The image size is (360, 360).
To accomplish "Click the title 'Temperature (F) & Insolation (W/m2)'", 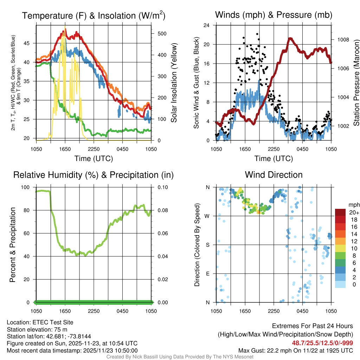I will tap(94, 15).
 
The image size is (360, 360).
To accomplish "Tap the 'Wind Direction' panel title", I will tap(274, 175).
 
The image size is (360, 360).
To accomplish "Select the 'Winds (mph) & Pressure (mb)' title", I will tap(274, 15).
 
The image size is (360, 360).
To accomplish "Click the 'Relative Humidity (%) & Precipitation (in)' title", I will tap(93, 175).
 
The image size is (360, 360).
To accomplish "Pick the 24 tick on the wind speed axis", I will tap(207, 25).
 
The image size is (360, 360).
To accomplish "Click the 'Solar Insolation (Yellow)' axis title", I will tap(174, 83).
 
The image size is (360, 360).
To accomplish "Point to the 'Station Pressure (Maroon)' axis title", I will tap(356, 83).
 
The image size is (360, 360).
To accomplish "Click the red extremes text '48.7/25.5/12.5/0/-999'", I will tap(322, 343).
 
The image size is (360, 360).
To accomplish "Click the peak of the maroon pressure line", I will tap(290, 39).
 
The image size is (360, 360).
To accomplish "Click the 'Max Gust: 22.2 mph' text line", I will tap(296, 350).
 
